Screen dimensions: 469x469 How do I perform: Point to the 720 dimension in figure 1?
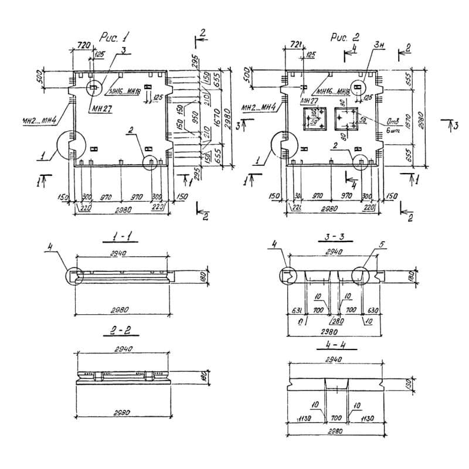83,45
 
